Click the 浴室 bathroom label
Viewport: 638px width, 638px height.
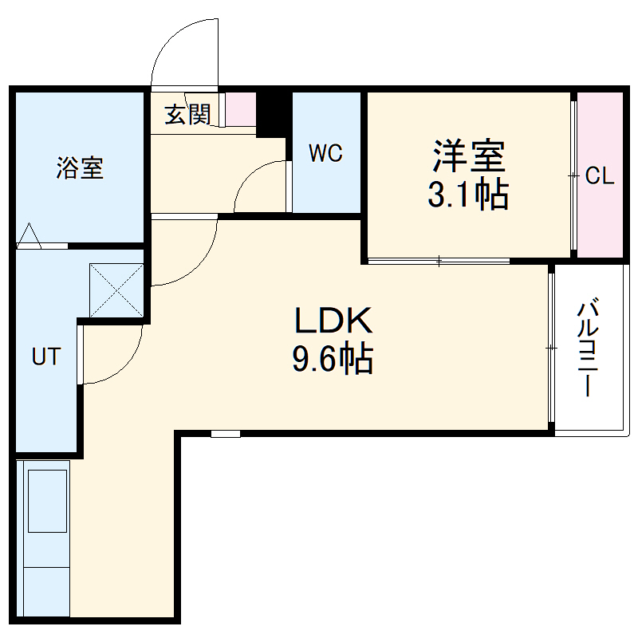click(80, 168)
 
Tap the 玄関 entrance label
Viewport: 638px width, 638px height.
click(187, 115)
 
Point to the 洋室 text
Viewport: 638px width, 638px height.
click(469, 156)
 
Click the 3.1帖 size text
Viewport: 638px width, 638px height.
click(468, 194)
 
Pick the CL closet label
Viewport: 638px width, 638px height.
click(600, 176)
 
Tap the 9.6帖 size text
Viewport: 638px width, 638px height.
click(333, 360)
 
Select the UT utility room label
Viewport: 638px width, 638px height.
click(45, 356)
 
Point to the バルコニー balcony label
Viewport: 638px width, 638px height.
click(590, 349)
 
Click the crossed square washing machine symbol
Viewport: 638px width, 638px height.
click(116, 289)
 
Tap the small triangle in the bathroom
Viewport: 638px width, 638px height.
click(29, 235)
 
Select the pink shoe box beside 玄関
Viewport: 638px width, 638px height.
click(240, 109)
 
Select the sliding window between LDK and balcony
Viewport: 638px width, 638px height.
click(551, 348)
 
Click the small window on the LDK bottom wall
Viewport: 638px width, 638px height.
click(225, 434)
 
